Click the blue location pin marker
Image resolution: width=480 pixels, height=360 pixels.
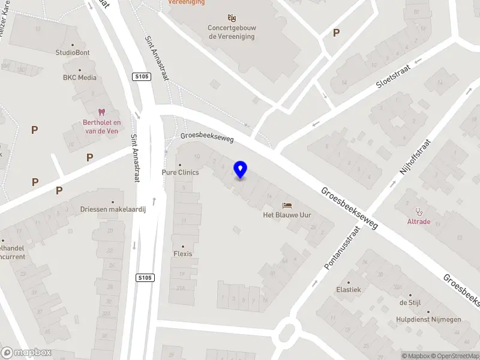pos(241,170)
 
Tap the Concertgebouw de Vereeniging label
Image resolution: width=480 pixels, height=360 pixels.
pos(231,32)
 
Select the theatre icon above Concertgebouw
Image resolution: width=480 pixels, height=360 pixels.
pos(231,17)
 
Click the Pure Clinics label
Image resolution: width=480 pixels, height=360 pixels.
pos(180,172)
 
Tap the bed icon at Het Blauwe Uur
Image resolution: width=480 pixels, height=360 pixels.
pos(287,205)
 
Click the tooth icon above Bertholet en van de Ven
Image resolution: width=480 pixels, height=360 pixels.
pos(101,112)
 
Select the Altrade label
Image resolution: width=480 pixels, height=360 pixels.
pos(419,221)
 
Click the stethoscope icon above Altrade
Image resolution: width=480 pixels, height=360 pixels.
pos(419,211)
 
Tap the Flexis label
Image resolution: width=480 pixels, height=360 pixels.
pos(183,254)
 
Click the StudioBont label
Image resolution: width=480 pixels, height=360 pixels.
pos(73,52)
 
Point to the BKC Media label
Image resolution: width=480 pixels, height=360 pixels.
pos(79,77)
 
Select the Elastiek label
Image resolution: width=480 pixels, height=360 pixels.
pos(349,289)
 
